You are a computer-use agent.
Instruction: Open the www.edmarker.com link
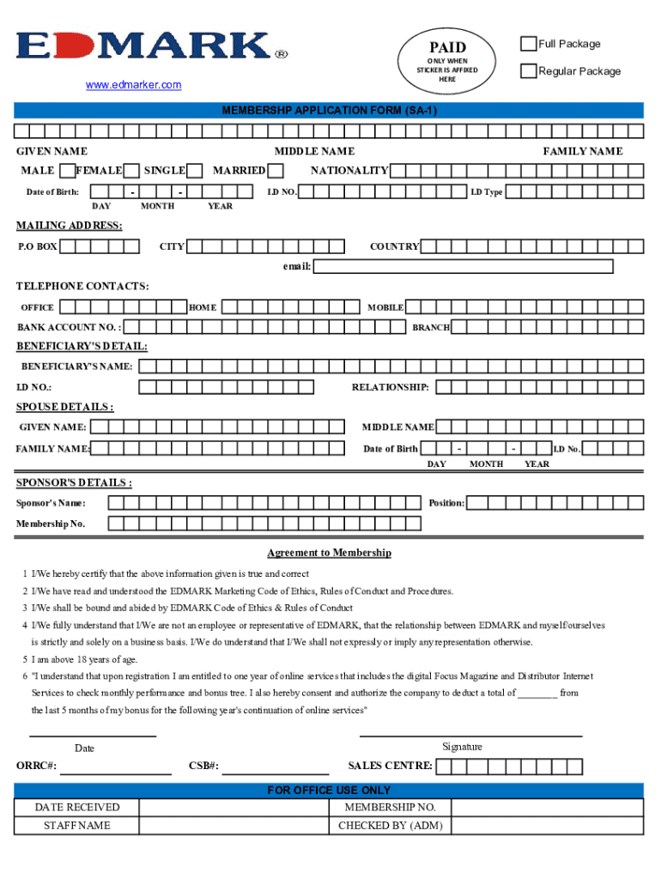133,84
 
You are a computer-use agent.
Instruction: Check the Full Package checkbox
529,44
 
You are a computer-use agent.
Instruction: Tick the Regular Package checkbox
529,70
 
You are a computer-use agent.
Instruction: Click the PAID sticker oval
447,60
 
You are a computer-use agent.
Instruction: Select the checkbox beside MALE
66,170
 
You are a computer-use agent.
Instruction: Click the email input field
463,266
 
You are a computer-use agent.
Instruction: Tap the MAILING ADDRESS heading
70,226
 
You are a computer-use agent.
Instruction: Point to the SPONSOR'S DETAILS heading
75,482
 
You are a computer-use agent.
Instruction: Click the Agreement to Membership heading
329,553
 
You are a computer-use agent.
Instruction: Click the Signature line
470,737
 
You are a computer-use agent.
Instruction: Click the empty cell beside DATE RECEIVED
234,808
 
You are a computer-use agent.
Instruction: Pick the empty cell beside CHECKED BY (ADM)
547,826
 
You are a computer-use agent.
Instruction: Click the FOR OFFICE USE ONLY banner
329,790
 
